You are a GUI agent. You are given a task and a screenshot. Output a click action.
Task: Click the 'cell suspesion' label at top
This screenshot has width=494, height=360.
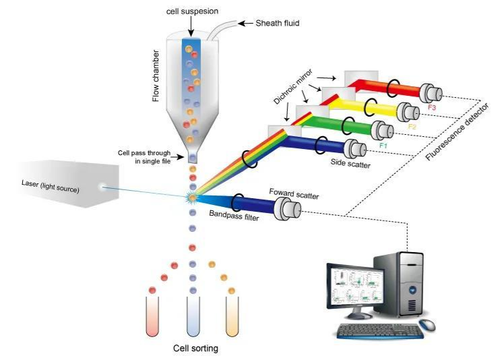(x=192, y=11)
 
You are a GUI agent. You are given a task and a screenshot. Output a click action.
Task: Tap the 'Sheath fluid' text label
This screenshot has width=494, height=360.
(x=277, y=23)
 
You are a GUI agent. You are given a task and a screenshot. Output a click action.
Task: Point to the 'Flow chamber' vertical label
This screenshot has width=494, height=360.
(x=156, y=76)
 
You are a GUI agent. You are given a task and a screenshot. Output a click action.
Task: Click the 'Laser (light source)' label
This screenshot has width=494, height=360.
(x=51, y=186)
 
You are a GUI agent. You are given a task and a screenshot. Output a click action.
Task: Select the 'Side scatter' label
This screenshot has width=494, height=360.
(x=350, y=163)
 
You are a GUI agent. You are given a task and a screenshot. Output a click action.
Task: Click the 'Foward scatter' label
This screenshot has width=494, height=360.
(x=294, y=194)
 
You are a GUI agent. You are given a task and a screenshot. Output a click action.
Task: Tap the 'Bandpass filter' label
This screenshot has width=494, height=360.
(x=234, y=215)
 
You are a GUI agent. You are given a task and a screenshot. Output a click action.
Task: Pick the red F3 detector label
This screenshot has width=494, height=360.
(x=431, y=107)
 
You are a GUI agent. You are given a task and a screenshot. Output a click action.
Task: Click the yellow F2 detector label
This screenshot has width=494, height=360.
(x=412, y=127)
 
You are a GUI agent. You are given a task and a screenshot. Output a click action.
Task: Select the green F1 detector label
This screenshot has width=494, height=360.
(x=383, y=146)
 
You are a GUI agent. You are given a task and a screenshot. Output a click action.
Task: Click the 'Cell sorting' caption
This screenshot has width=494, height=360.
(x=195, y=349)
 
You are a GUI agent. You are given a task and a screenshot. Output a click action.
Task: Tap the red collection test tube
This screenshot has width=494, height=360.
(x=152, y=316)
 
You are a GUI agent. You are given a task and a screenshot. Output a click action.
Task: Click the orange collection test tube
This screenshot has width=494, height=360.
(x=233, y=316)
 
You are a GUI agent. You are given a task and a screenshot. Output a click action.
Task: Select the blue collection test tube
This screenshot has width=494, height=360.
(x=193, y=316)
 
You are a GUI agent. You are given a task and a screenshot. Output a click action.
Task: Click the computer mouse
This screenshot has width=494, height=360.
(x=427, y=325)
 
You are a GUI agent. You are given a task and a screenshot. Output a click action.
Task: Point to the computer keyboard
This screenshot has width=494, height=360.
(x=380, y=331)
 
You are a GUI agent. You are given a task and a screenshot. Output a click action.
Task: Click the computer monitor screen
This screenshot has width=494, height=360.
(x=355, y=288)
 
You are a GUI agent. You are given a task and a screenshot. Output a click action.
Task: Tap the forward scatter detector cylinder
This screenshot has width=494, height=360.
(x=287, y=208)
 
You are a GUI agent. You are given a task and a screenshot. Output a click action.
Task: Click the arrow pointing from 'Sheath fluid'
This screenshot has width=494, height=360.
(x=245, y=23)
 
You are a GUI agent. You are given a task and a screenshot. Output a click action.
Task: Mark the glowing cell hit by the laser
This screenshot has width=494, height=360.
(x=192, y=198)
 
